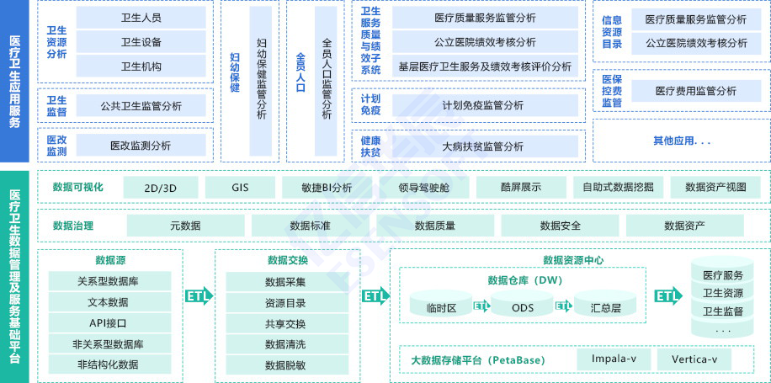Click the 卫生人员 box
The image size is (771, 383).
tap(141, 18)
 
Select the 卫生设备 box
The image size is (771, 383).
tap(141, 42)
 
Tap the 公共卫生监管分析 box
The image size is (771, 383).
tap(141, 106)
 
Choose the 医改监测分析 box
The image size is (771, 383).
tap(141, 146)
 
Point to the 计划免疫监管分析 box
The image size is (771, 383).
tap(482, 105)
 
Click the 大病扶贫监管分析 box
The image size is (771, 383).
tap(482, 146)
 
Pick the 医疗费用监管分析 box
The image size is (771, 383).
tap(695, 91)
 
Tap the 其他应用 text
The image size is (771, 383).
tap(682, 141)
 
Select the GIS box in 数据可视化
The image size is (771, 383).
tap(240, 188)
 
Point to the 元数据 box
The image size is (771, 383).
tap(185, 226)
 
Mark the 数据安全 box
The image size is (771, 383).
tap(560, 226)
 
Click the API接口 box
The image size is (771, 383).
tap(109, 323)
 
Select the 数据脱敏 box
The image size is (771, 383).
tap(285, 364)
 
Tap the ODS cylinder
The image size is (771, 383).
tap(523, 307)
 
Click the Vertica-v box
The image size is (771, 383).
tap(694, 359)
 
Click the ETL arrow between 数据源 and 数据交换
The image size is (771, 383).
tap(199, 296)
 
